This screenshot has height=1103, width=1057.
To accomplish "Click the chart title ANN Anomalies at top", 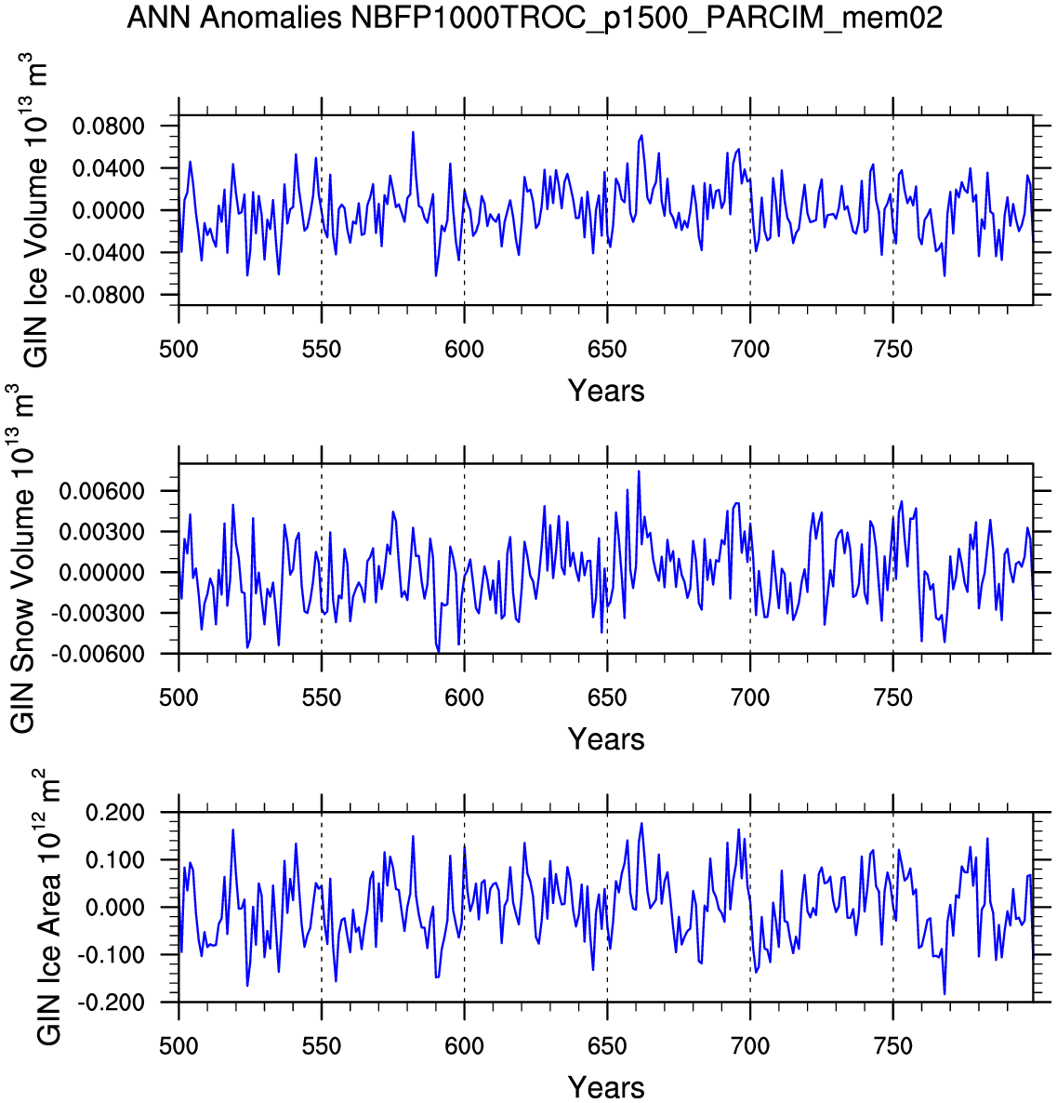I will tap(535, 17).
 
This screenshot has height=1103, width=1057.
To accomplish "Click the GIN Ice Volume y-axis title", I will tap(35, 210).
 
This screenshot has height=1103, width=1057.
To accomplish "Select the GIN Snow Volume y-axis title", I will tap(22, 558).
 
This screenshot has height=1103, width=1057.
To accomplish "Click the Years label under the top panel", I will tap(606, 391).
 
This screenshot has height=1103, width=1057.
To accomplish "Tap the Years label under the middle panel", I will tap(606, 739).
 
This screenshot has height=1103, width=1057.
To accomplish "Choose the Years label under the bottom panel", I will tap(606, 1087).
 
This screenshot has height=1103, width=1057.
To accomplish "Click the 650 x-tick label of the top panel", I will tap(607, 350).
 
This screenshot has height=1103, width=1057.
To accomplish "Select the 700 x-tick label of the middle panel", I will tap(749, 698).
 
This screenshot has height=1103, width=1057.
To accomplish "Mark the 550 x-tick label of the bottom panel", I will tap(322, 1045).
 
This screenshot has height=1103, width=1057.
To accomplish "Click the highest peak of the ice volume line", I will tap(413, 132).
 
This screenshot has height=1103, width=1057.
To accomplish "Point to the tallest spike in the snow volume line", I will tap(639, 472).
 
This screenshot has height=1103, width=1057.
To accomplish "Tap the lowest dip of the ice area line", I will tap(945, 993).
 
